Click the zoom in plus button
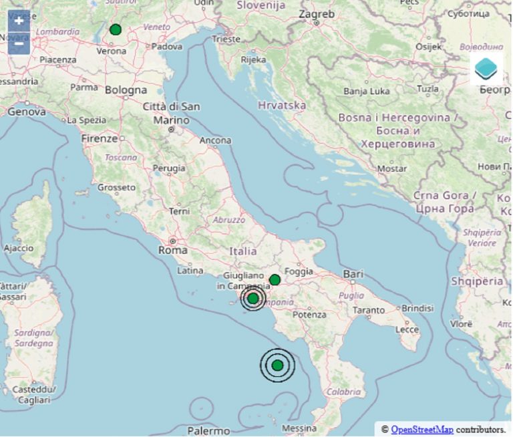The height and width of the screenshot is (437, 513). [19, 20]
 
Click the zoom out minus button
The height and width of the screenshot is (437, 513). [19, 42]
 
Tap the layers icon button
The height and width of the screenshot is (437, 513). [486, 68]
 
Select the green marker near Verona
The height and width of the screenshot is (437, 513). [116, 29]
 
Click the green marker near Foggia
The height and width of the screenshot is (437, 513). [275, 279]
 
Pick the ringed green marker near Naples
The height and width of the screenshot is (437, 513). [253, 298]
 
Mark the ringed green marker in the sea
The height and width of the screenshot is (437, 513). [277, 365]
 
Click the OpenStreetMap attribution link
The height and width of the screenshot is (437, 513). [421, 429]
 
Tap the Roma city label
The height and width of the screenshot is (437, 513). [172, 250]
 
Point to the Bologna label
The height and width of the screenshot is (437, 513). [126, 90]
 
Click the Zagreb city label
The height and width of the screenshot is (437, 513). [317, 13]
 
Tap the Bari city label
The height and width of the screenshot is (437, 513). [352, 274]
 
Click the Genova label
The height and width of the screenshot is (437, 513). [26, 112]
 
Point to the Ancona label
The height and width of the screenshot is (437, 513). [215, 140]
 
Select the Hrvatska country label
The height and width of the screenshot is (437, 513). [282, 105]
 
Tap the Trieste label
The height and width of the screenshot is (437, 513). [226, 39]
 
